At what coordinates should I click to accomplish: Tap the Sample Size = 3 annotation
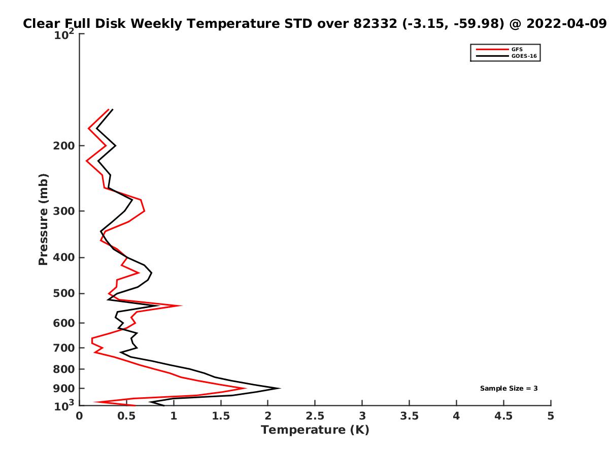(x=509, y=388)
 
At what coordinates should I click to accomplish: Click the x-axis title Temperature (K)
(x=315, y=430)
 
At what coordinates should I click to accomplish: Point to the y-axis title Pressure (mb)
(x=43, y=219)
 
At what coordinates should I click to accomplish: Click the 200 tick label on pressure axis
(x=64, y=145)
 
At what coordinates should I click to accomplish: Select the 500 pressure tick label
(x=64, y=293)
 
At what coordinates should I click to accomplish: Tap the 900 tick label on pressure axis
(x=64, y=389)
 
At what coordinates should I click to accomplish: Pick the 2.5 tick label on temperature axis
(x=315, y=416)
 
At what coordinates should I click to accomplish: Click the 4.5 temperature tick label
(x=503, y=416)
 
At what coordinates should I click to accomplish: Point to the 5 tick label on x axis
(x=551, y=416)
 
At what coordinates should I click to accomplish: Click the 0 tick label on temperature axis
(x=79, y=416)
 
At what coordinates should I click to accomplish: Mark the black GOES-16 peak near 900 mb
(x=280, y=388)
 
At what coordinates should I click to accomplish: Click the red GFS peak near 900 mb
(x=245, y=388)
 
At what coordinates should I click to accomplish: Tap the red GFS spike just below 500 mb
(x=181, y=306)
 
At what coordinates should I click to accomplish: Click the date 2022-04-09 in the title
(x=566, y=24)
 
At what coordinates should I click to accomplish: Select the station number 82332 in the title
(x=375, y=24)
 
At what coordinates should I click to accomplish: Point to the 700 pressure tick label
(x=64, y=348)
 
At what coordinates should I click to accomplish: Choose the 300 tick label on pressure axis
(x=64, y=211)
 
